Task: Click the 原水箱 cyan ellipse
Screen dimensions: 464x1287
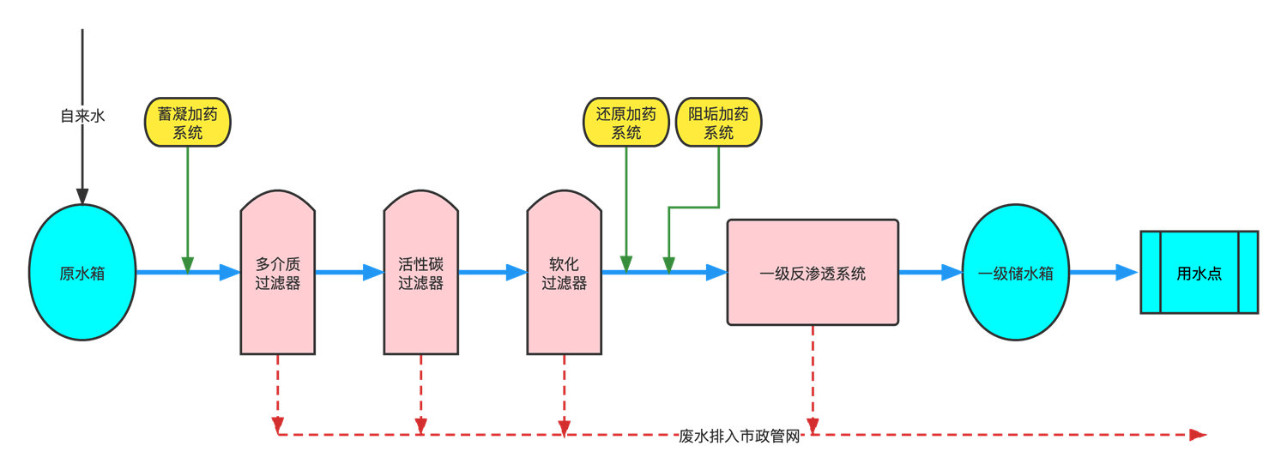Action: (83, 273)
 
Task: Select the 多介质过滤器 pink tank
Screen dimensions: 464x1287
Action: (277, 273)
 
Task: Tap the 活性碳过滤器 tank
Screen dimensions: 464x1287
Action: (420, 273)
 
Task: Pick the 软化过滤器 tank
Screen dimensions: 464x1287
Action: (564, 273)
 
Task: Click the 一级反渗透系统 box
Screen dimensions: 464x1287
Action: (813, 273)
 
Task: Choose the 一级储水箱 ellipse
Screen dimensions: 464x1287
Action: (1016, 273)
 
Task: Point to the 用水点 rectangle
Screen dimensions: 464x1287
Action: (1199, 273)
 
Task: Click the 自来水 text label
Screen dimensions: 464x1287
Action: (82, 116)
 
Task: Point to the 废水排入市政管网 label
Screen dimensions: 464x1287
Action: (739, 436)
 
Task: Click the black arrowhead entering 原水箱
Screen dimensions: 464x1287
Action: (82, 196)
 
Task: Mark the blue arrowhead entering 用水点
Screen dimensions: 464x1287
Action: (1127, 273)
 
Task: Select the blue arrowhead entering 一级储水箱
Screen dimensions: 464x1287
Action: (952, 273)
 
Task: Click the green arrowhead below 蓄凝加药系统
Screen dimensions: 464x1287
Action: (188, 264)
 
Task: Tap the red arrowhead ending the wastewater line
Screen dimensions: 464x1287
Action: (1198, 435)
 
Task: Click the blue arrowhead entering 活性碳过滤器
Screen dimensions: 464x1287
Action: (373, 273)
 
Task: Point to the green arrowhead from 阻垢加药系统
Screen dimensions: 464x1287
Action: (669, 264)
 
